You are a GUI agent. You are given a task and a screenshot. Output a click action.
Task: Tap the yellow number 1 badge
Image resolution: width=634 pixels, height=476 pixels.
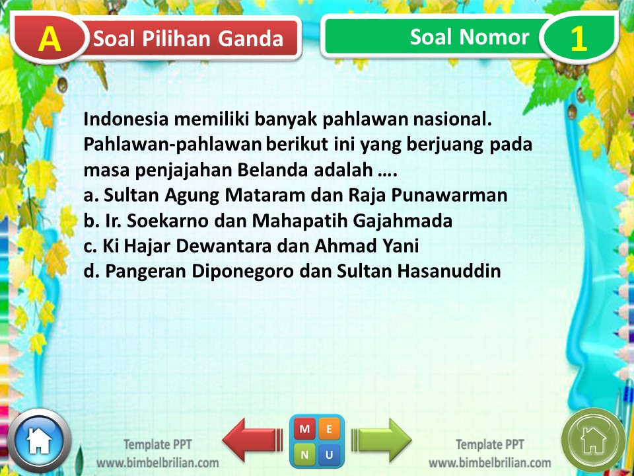point(578,39)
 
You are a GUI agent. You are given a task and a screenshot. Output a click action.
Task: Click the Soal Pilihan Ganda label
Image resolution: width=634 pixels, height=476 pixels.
point(188,39)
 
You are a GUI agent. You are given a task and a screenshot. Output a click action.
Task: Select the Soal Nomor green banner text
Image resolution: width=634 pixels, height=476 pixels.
point(469,37)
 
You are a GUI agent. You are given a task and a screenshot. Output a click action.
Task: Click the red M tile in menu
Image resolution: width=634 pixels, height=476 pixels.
point(305,430)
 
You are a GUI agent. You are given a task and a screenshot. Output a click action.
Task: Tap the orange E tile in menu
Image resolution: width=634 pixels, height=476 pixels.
point(330,430)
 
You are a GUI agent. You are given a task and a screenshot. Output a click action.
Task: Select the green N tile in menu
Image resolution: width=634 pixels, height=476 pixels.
point(305,454)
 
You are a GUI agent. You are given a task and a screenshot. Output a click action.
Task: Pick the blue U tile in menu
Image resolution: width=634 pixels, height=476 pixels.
point(330,454)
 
